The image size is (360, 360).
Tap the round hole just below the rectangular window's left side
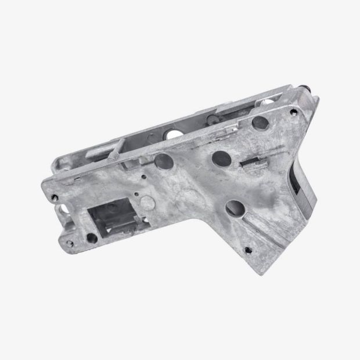click(91, 238)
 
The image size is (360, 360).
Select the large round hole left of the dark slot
click(221, 156)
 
